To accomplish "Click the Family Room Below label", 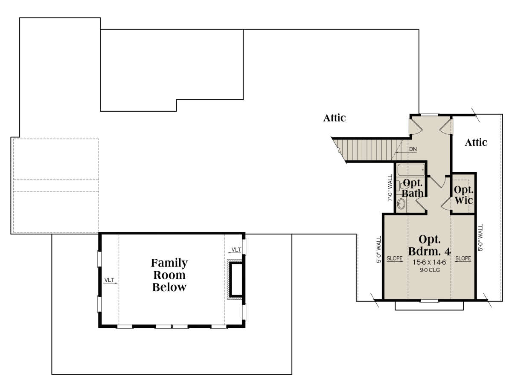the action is click(x=169, y=275).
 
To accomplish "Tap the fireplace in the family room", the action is click(x=235, y=279).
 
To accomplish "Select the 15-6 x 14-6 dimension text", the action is click(x=429, y=262).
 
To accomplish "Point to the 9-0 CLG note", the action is click(x=430, y=270).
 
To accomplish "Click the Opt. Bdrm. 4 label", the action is click(x=429, y=245).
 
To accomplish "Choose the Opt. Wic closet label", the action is click(x=463, y=195).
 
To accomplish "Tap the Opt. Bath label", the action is click(x=413, y=188).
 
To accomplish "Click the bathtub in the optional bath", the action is click(x=411, y=170).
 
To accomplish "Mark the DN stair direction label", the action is click(x=413, y=149).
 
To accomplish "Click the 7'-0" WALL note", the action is click(x=390, y=188).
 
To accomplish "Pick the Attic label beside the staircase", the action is click(x=334, y=118).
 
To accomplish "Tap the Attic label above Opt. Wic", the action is click(x=476, y=142).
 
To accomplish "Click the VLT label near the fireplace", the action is click(x=236, y=250).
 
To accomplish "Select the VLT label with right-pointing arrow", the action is click(x=109, y=280).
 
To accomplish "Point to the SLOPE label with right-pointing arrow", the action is click(x=395, y=258).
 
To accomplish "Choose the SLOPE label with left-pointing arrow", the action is click(x=463, y=258).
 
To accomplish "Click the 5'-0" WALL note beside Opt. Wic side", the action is click(x=480, y=237).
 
